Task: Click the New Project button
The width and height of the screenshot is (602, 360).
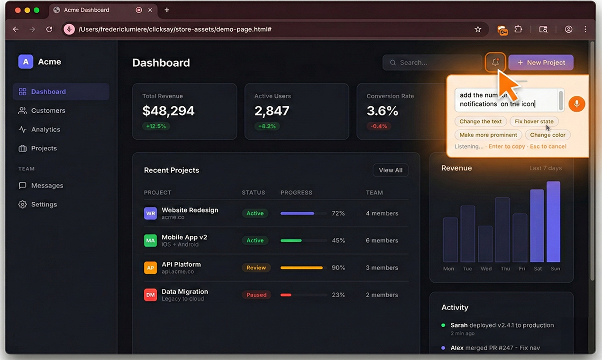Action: click(541, 63)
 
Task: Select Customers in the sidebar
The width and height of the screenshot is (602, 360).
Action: click(48, 110)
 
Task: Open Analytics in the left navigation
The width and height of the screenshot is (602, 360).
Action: click(46, 129)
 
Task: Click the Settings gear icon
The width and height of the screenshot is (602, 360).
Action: click(22, 205)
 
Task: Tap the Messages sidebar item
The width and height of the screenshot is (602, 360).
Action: click(47, 186)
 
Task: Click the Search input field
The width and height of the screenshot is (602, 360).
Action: click(432, 63)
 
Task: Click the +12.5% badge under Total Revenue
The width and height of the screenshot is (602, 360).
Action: click(156, 126)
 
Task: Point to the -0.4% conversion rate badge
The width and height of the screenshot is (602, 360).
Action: click(379, 126)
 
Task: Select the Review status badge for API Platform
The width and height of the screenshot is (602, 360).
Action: click(256, 268)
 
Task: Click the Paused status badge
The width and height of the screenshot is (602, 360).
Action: click(256, 295)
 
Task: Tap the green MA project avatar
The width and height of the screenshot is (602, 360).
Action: click(150, 241)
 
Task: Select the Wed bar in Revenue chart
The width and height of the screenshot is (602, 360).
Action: click(485, 244)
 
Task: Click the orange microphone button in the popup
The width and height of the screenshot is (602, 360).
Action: click(576, 104)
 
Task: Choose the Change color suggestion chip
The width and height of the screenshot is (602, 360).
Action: click(547, 135)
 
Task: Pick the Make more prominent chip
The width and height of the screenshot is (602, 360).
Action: click(488, 135)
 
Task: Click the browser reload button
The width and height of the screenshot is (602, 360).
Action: click(49, 29)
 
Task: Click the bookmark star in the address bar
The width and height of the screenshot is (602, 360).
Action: click(478, 29)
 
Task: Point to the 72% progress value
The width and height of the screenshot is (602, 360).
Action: click(338, 214)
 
